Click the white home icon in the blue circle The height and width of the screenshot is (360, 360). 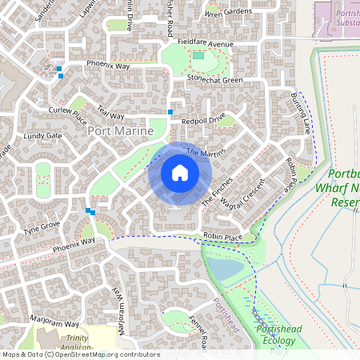tap(180, 172)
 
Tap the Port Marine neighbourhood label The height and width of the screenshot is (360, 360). tap(120, 130)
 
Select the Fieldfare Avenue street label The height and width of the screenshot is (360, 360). tap(206, 42)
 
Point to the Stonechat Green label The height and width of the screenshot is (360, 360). tap(214, 80)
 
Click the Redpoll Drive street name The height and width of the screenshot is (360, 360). tap(203, 120)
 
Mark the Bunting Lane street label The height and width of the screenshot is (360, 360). tap(302, 113)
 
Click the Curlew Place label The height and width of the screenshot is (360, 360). tap(67, 115)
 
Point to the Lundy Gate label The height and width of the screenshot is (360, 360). tap(42, 136)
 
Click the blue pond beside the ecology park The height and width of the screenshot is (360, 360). tap(226, 270)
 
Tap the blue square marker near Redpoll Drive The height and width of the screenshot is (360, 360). tap(170, 112)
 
